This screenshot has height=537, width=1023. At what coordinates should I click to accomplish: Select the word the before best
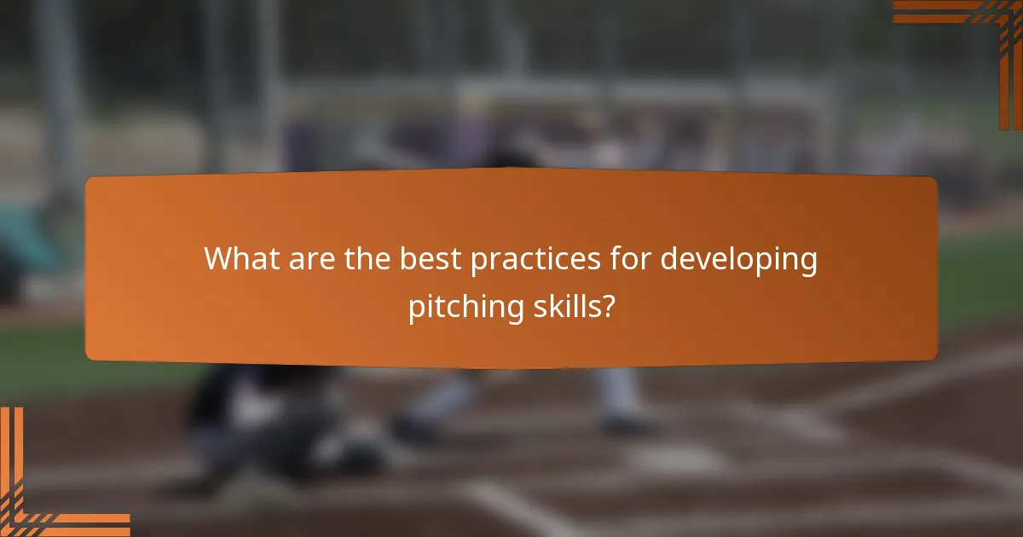(x=368, y=259)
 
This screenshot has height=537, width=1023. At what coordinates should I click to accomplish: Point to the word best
(x=431, y=259)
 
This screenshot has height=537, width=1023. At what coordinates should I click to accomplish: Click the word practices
(x=533, y=259)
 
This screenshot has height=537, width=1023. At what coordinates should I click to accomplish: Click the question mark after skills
(x=606, y=307)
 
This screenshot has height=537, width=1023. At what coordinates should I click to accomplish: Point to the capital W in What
(x=219, y=259)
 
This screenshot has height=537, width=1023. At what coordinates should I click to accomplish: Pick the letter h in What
(x=241, y=259)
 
